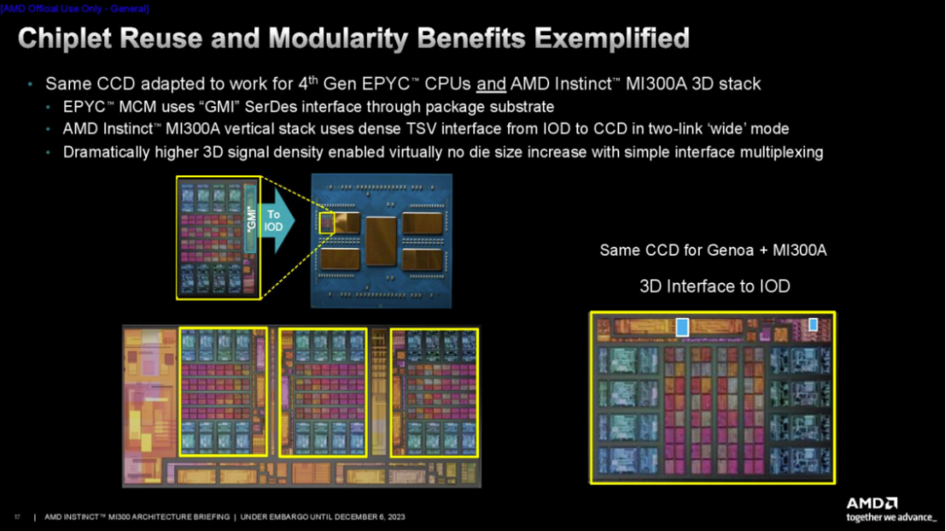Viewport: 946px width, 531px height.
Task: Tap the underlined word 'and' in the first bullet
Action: click(491, 85)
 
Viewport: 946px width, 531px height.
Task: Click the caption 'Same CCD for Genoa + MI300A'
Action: click(713, 251)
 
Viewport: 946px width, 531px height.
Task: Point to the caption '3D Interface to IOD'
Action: click(715, 287)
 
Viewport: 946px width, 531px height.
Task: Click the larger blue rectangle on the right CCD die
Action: click(682, 327)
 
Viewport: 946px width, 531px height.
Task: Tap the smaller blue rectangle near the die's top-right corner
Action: click(813, 324)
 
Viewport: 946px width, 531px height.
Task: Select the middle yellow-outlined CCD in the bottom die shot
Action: click(322, 392)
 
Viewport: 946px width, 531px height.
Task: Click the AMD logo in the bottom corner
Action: click(872, 503)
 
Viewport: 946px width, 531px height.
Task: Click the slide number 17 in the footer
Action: click(17, 517)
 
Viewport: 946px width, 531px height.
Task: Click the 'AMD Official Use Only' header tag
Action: click(74, 8)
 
